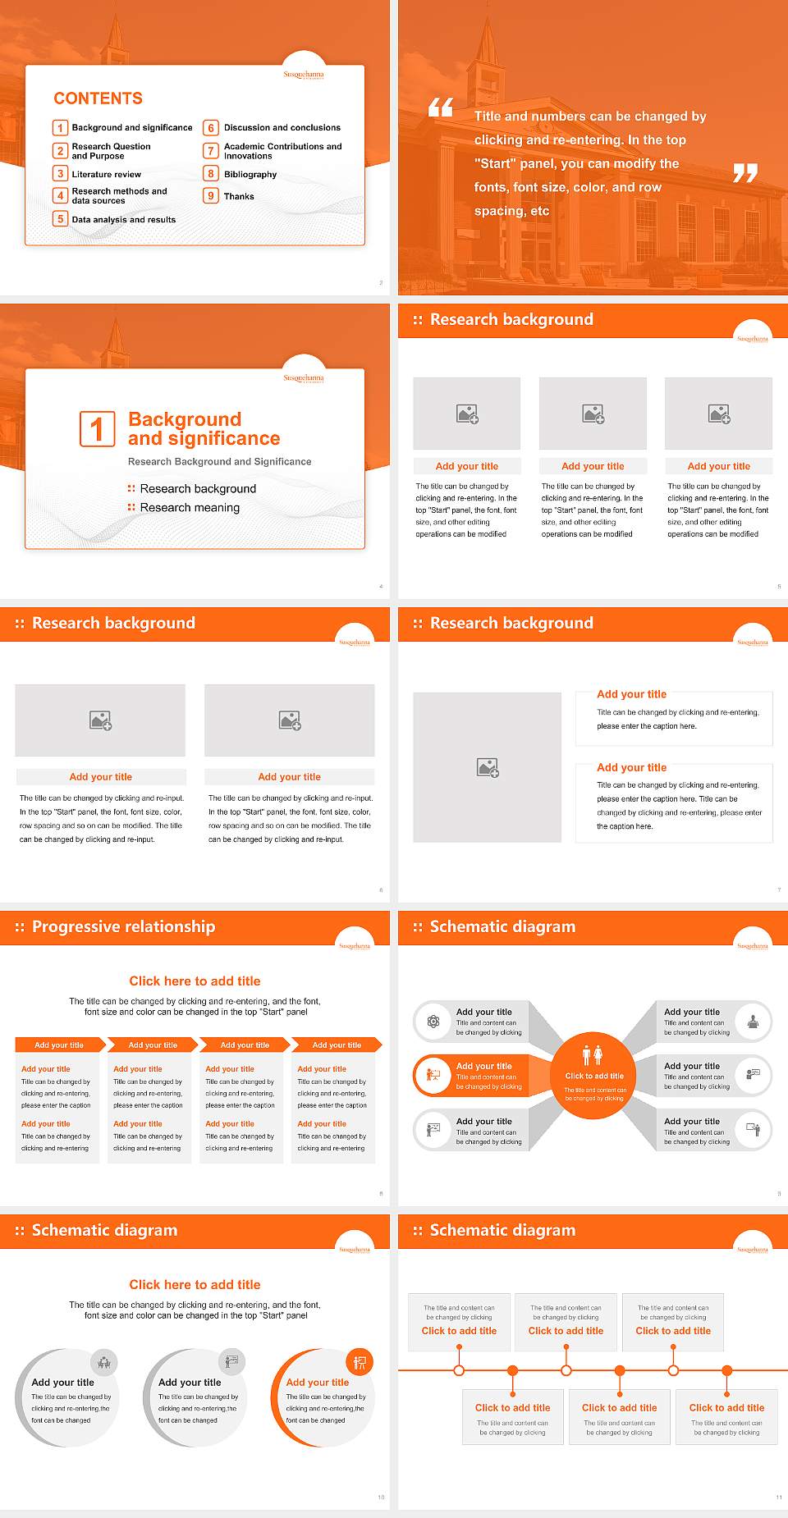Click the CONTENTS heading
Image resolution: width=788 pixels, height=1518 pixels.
(x=98, y=98)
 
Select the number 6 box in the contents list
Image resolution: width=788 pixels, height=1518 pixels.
(x=211, y=128)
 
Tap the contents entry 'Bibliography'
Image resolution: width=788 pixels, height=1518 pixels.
(x=250, y=174)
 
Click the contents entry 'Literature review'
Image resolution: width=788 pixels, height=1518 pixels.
(x=106, y=174)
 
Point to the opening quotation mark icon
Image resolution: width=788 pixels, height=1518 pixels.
(x=441, y=107)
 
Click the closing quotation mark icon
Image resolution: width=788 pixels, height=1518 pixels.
(x=744, y=172)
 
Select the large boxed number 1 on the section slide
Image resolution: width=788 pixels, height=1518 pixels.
(x=97, y=429)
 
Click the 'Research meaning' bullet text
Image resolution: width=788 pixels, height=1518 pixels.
(x=190, y=508)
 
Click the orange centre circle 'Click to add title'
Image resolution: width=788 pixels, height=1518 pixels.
(x=593, y=1076)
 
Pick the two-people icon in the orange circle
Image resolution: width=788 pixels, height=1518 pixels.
(x=592, y=1054)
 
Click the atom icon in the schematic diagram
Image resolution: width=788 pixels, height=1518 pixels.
(x=433, y=1022)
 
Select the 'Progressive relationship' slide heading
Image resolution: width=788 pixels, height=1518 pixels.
(x=123, y=927)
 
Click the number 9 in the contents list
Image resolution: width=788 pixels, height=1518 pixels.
(x=211, y=196)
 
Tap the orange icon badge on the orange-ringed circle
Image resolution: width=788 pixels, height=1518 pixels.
(x=359, y=1363)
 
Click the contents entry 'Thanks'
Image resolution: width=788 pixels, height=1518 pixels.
(x=239, y=196)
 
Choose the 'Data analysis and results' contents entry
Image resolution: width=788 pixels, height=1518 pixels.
(x=123, y=219)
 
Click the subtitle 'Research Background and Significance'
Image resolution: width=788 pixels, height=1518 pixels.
(x=219, y=462)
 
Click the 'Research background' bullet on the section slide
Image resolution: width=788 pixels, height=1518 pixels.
(x=198, y=489)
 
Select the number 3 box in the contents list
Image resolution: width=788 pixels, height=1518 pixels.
(x=60, y=174)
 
